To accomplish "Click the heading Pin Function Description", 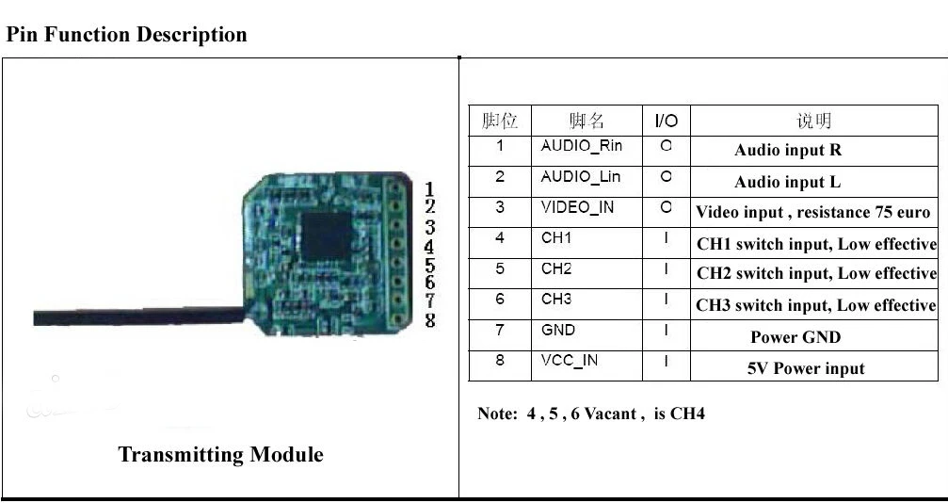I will [126, 35].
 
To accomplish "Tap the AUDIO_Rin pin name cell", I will [581, 146].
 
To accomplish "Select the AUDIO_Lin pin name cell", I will [580, 177].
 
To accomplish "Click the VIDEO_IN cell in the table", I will [576, 207].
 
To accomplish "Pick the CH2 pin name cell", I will [556, 269].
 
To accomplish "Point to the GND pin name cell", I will [557, 331].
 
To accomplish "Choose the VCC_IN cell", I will [569, 361].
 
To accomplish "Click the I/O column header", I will [666, 121].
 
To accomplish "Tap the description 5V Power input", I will [805, 368].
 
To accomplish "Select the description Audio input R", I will [788, 150].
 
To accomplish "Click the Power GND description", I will [795, 337].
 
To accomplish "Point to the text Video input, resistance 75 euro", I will [813, 213].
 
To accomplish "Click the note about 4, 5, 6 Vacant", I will [590, 414].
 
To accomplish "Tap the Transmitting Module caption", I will [220, 455].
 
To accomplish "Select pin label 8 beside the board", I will [430, 320].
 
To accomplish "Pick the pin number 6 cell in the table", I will [500, 300].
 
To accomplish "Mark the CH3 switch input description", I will [815, 305].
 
